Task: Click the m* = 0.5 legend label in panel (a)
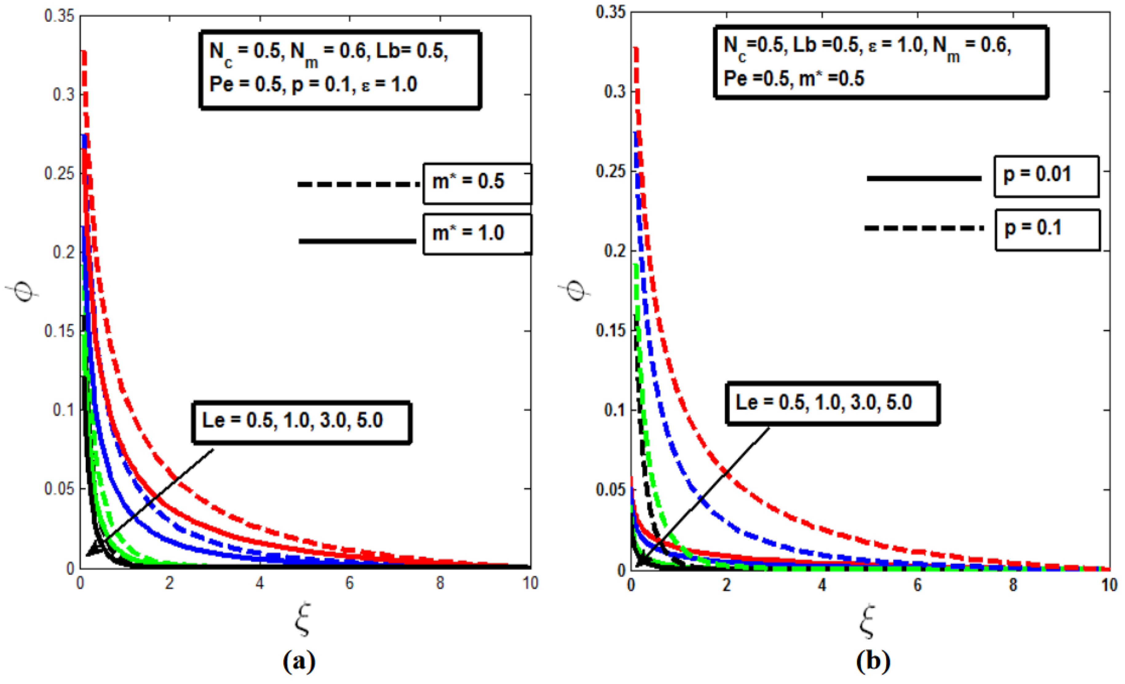(468, 182)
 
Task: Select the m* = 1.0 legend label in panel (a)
(468, 233)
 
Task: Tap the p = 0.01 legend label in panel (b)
(1037, 175)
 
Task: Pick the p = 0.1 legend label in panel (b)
(1033, 228)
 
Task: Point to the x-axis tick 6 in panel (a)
(349, 583)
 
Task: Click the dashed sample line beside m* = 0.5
(358, 184)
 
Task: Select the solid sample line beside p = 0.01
(924, 179)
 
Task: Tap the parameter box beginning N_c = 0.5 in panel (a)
(340, 69)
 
